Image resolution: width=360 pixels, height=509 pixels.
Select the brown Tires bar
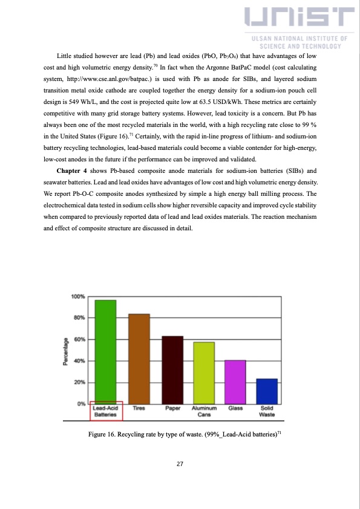pos(139,358)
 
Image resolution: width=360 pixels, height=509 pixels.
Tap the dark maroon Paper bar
pos(172,369)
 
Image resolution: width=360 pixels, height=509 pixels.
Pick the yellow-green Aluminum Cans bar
pos(205,372)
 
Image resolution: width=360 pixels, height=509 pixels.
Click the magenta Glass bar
pos(235,381)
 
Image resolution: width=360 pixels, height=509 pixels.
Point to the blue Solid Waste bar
pos(267,391)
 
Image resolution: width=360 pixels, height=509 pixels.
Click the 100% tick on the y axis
pos(78,297)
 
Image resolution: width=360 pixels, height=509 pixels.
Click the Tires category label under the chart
pos(139,409)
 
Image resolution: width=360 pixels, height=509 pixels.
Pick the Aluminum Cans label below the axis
pos(204,412)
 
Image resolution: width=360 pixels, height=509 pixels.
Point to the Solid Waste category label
pos(267,412)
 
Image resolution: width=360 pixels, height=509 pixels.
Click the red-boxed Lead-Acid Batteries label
pos(106,411)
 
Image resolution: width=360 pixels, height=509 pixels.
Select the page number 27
pos(180,464)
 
